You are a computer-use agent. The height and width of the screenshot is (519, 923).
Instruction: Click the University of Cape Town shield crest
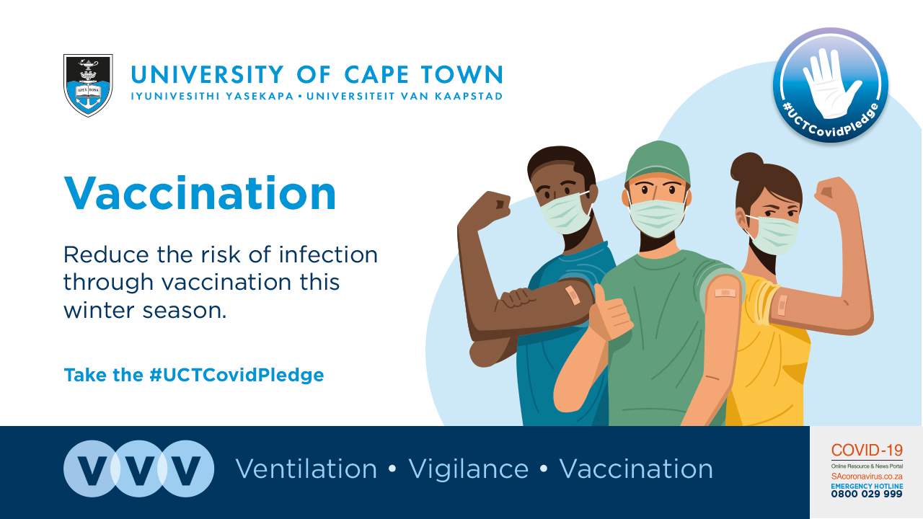(88, 85)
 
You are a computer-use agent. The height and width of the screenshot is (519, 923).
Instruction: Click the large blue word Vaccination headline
(200, 193)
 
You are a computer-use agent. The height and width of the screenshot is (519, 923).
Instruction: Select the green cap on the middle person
(658, 163)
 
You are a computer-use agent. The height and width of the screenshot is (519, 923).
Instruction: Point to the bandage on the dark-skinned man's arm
(573, 295)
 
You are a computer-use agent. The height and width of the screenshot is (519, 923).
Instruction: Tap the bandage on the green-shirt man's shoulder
(725, 293)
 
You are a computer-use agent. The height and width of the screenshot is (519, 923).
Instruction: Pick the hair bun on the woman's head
(746, 167)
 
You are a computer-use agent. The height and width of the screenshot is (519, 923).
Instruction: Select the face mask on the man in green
(657, 218)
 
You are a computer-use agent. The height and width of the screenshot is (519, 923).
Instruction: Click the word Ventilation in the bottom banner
(306, 469)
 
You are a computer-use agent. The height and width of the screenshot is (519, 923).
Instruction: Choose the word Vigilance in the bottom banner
(469, 469)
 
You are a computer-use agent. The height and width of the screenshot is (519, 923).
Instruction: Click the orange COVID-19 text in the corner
(867, 451)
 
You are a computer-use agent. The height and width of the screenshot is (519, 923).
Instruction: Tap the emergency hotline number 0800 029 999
(867, 494)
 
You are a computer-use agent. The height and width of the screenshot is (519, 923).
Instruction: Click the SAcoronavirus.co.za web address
(867, 476)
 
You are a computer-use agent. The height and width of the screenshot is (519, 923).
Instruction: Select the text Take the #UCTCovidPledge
(194, 376)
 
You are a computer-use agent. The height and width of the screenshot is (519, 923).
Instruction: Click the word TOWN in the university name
(462, 74)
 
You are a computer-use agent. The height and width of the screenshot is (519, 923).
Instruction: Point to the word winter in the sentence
(100, 310)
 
